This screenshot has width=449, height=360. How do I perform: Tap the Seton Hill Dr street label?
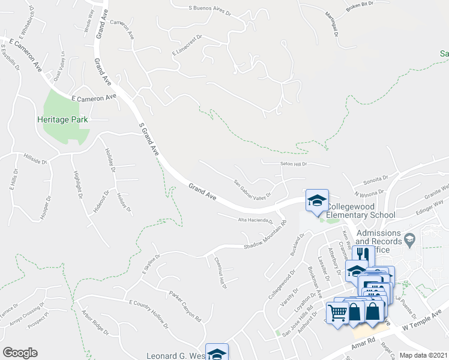[x=293, y=164]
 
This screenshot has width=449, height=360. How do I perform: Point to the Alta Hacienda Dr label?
[x=257, y=220]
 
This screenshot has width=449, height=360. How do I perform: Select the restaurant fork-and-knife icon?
[x=362, y=254]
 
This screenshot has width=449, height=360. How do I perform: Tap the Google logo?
[x=20, y=353]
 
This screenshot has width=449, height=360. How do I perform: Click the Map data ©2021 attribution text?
[x=424, y=355]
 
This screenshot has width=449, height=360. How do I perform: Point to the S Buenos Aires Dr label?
[x=209, y=9]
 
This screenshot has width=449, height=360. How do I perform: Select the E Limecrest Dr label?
[x=188, y=48]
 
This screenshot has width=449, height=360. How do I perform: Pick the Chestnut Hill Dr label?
[x=220, y=272]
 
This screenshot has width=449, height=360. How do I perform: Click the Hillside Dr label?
[x=35, y=160]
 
